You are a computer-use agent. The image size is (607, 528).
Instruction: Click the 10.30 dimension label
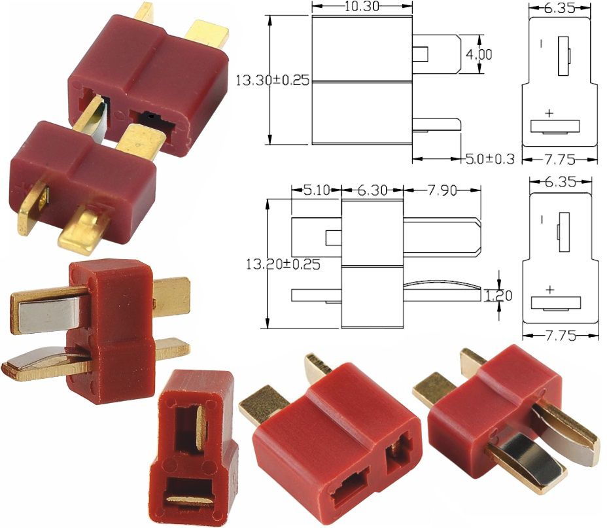pyautogui.click(x=362, y=6)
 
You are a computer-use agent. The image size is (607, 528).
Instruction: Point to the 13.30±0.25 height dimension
pyautogui.click(x=273, y=80)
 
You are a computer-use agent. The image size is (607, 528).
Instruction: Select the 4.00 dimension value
pyautogui.click(x=479, y=54)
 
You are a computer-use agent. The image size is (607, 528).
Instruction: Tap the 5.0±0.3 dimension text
pyautogui.click(x=490, y=159)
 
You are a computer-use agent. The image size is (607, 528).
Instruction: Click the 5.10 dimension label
pyautogui.click(x=317, y=190)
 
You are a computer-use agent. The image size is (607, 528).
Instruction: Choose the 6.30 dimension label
pyautogui.click(x=372, y=190)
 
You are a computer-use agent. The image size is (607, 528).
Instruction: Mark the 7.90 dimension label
pyautogui.click(x=442, y=190)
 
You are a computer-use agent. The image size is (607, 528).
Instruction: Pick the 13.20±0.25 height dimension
pyautogui.click(x=283, y=264)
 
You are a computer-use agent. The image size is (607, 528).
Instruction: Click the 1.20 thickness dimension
pyautogui.click(x=498, y=296)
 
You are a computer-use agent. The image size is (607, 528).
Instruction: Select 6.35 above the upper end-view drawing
pyautogui.click(x=560, y=8)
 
